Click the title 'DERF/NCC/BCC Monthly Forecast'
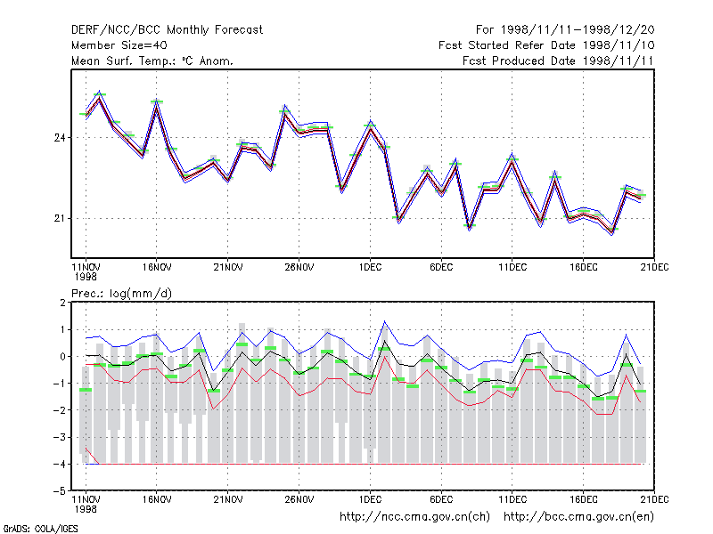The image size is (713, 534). (x=167, y=30)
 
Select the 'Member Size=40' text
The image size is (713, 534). (x=119, y=45)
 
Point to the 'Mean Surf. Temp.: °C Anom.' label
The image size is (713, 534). (x=152, y=61)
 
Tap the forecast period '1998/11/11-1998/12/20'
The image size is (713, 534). (x=578, y=30)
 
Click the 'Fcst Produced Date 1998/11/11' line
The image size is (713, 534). (x=558, y=61)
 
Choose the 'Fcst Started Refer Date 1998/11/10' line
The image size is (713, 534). (x=546, y=45)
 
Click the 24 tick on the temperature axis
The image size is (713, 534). (x=60, y=138)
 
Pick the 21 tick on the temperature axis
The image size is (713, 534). (x=60, y=218)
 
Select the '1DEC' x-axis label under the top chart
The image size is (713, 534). (x=370, y=267)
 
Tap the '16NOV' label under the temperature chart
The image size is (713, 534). (x=157, y=267)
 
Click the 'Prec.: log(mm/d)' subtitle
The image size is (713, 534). (x=122, y=294)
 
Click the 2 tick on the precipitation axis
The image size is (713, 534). (x=62, y=303)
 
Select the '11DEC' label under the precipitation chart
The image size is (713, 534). (x=512, y=499)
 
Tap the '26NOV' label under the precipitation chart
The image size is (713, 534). (x=299, y=499)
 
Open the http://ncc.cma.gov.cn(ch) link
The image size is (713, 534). (x=414, y=517)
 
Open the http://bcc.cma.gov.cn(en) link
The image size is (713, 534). (x=578, y=517)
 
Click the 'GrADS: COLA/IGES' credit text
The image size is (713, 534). (x=40, y=529)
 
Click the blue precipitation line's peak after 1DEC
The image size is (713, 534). (x=385, y=321)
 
